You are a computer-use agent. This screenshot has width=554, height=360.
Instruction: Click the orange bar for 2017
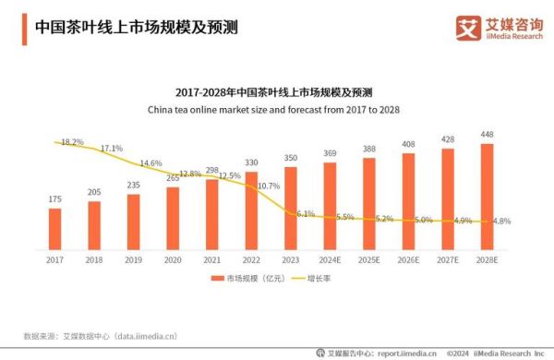(x=54, y=229)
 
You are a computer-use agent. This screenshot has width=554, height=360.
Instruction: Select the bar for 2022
(x=251, y=210)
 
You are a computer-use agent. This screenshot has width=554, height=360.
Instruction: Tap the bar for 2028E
(x=487, y=197)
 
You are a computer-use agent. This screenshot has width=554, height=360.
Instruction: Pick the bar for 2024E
(x=330, y=206)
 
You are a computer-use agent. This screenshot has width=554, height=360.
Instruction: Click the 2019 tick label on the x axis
(x=133, y=260)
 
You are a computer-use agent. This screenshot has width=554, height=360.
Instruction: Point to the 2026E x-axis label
(x=408, y=260)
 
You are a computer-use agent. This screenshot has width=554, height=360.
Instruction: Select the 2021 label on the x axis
(x=211, y=260)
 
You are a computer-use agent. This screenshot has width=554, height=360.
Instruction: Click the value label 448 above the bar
(x=487, y=134)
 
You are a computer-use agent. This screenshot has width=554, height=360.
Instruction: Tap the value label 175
(x=54, y=198)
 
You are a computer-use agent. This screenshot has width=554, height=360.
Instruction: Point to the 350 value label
(x=290, y=158)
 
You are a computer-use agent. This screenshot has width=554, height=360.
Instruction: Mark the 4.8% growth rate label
(x=500, y=222)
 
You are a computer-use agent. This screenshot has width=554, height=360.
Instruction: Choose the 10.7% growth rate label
(x=268, y=186)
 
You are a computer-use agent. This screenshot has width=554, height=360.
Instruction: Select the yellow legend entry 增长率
(x=315, y=277)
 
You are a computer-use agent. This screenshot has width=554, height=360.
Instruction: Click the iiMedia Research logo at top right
(x=499, y=28)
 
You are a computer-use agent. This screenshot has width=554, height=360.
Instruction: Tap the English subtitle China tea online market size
(x=276, y=109)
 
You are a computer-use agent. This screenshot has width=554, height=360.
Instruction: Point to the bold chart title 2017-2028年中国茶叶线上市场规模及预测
(x=277, y=92)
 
